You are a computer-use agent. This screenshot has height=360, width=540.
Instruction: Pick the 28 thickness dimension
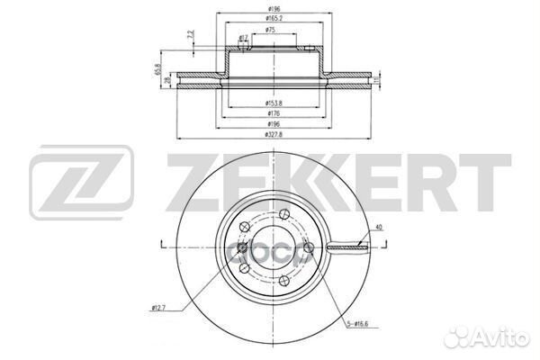coord(168,80)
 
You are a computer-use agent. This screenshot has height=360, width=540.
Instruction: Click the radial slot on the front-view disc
coord(346,245)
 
